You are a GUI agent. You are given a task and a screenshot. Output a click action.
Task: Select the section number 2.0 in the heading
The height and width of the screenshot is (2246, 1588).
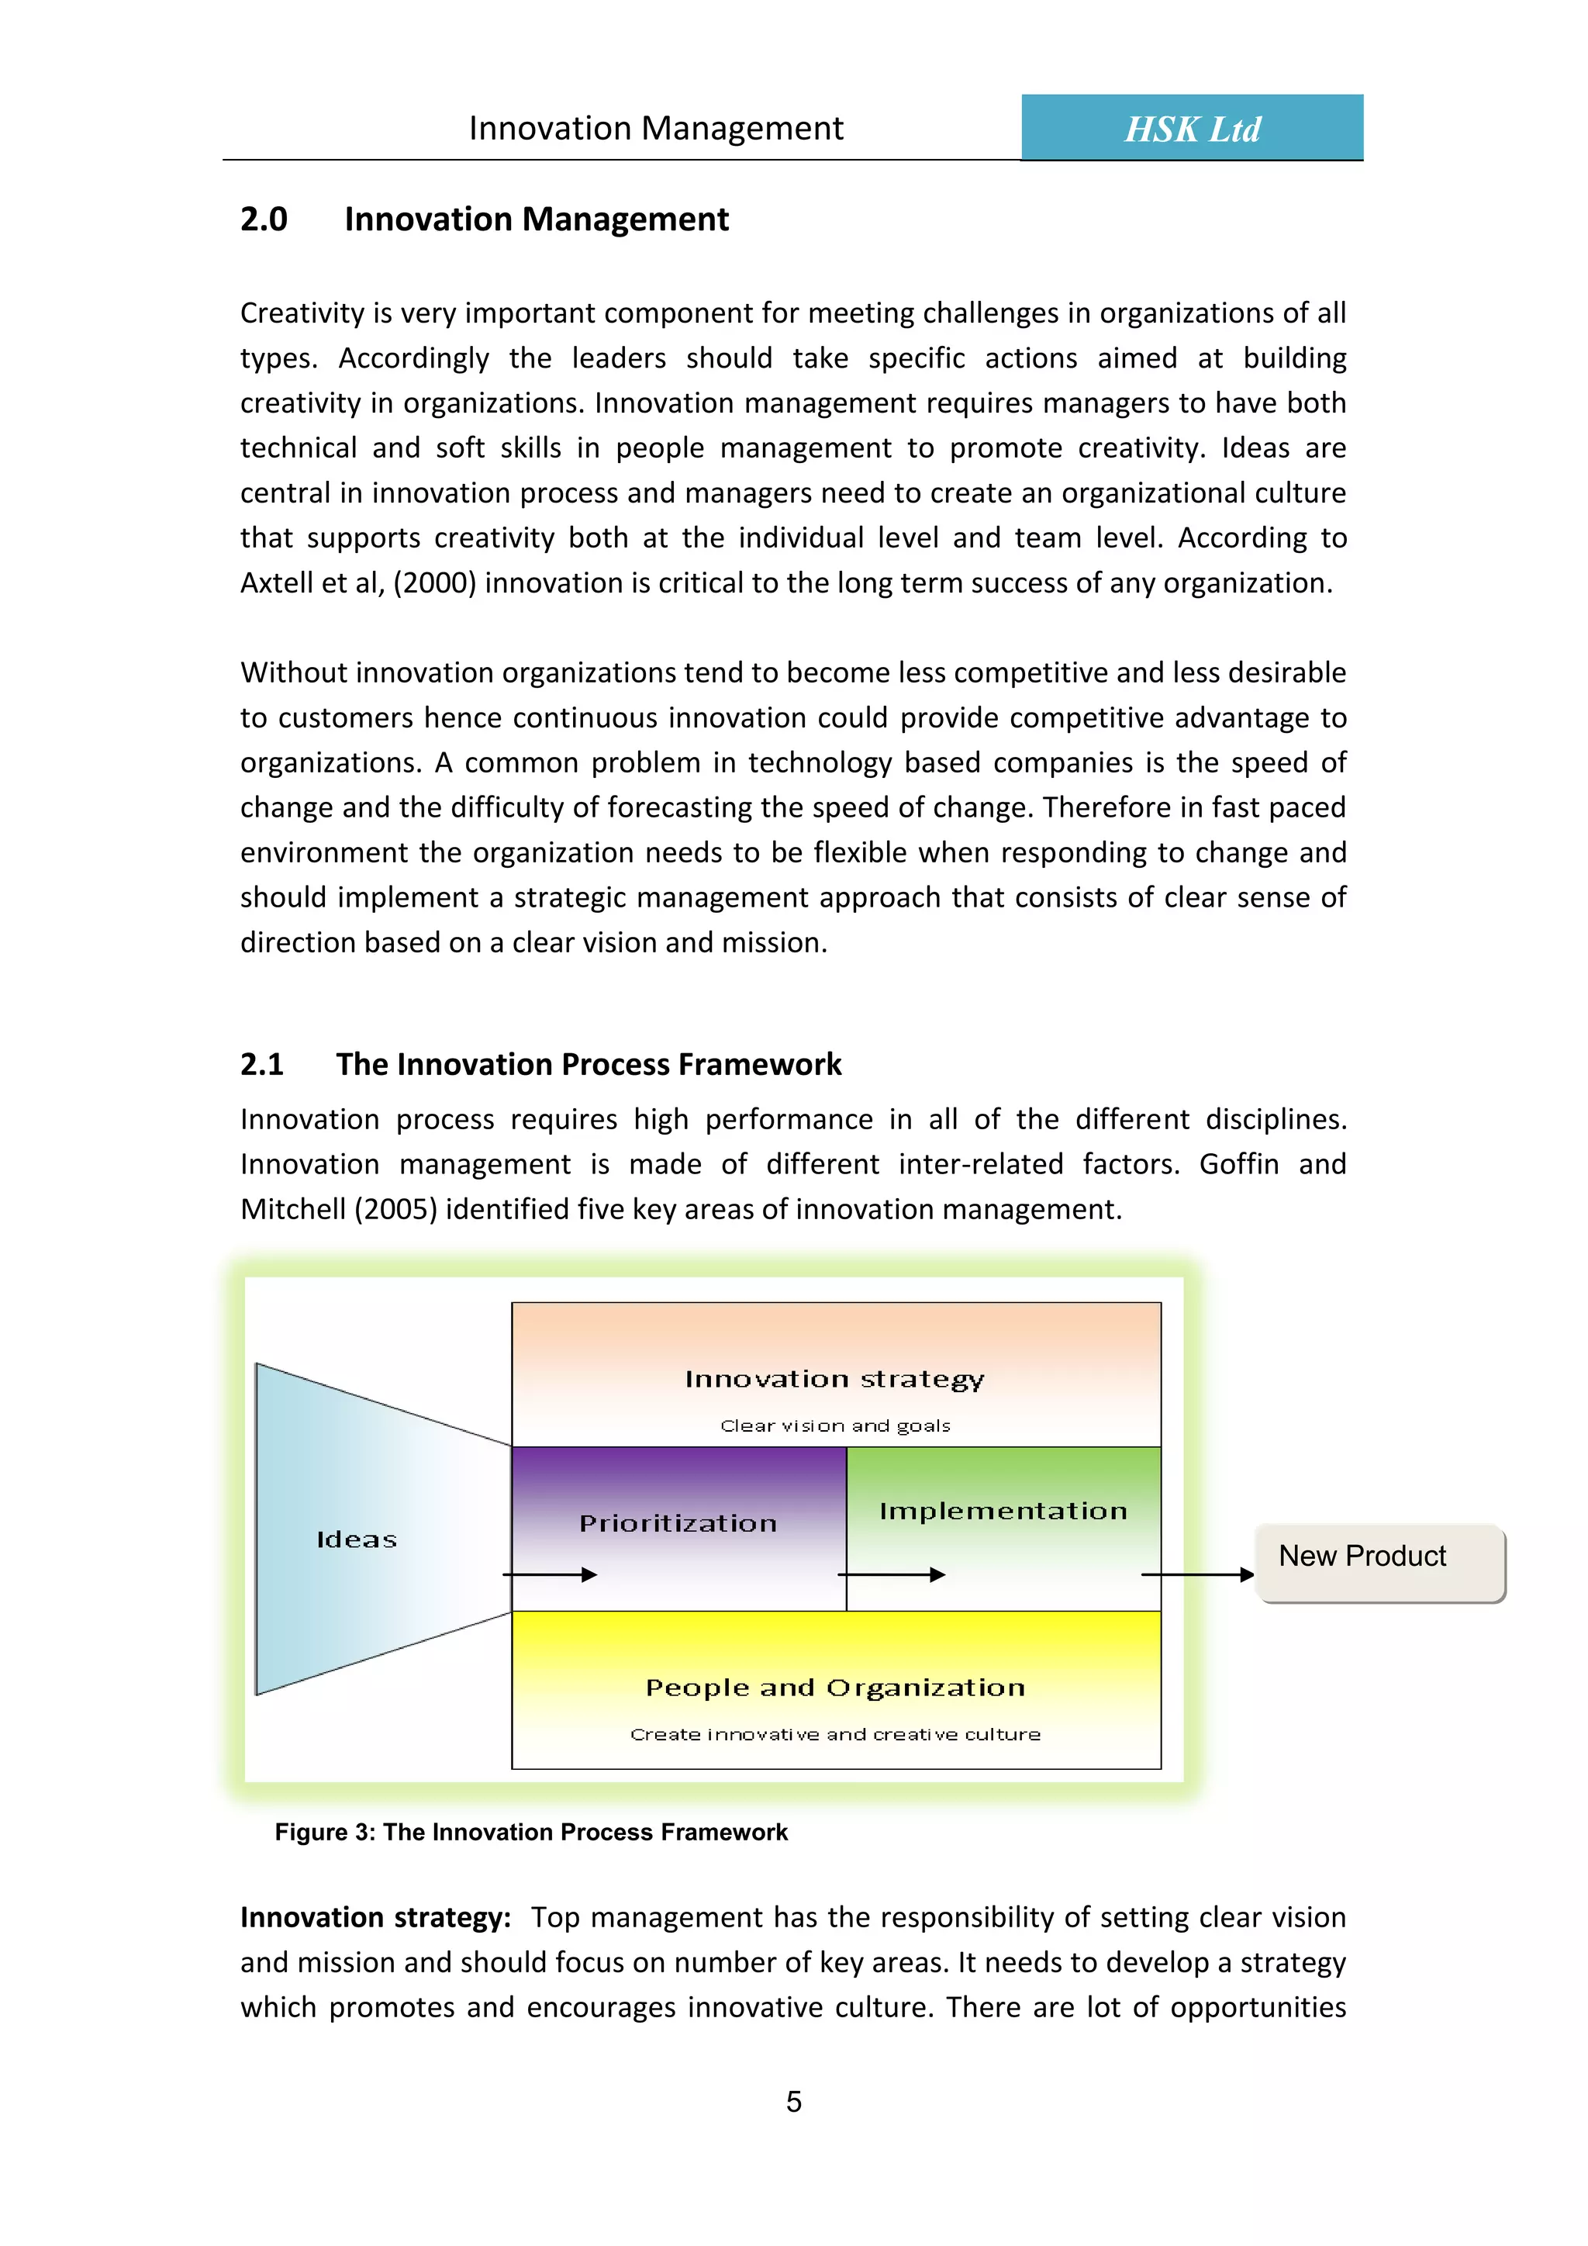click(x=264, y=219)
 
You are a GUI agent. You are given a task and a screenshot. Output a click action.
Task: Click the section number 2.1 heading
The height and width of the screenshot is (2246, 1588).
click(x=262, y=1064)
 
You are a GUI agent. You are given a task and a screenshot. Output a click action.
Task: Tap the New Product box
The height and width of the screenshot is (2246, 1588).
click(x=1379, y=1562)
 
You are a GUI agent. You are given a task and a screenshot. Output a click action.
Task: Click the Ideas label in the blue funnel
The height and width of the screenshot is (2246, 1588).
click(x=357, y=1539)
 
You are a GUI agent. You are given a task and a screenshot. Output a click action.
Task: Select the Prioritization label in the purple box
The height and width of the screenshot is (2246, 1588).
click(x=678, y=1523)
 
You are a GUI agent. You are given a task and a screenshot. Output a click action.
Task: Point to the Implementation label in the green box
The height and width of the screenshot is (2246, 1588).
click(x=1003, y=1512)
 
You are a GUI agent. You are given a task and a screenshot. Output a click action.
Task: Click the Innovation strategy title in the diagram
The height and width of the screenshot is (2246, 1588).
click(x=834, y=1379)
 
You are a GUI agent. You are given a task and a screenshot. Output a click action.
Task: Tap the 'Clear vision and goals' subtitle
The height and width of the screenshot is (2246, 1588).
click(x=835, y=1426)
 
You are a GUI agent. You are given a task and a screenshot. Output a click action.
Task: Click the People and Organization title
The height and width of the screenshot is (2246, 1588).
click(x=835, y=1688)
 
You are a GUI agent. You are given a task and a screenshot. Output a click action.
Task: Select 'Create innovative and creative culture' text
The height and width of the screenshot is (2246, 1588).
click(x=835, y=1734)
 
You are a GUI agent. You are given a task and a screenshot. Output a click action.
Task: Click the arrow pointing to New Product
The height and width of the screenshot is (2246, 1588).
click(x=1197, y=1575)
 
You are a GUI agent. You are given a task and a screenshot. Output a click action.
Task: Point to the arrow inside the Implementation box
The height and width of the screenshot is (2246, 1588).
click(x=891, y=1575)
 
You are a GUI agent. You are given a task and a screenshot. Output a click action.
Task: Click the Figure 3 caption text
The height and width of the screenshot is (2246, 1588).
click(x=531, y=1832)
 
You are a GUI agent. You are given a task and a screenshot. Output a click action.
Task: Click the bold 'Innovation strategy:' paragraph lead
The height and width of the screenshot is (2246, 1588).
click(x=375, y=1917)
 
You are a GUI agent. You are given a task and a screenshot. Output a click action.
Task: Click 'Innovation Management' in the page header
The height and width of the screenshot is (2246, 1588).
click(x=655, y=128)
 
